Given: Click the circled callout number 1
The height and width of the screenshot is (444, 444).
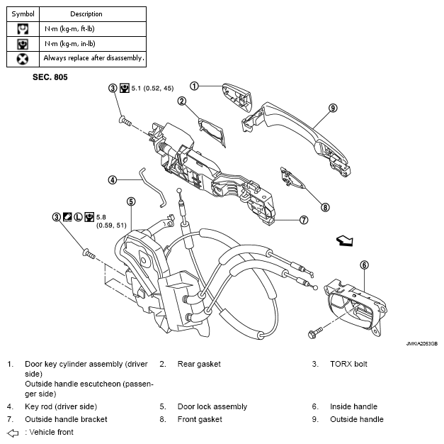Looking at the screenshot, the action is pyautogui.click(x=194, y=86).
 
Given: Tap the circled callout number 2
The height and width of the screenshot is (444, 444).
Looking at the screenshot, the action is pyautogui.click(x=181, y=101).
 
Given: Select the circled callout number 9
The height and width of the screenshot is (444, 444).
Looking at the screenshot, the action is pyautogui.click(x=333, y=108).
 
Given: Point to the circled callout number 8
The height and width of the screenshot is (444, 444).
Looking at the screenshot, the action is pyautogui.click(x=325, y=207).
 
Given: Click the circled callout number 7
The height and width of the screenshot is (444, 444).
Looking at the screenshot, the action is pyautogui.click(x=304, y=220).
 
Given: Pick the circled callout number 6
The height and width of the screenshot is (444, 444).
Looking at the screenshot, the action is pyautogui.click(x=364, y=265).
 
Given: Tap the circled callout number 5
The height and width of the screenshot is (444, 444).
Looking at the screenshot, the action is pyautogui.click(x=131, y=201).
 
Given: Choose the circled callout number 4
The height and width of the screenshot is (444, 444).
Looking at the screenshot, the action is pyautogui.click(x=113, y=180).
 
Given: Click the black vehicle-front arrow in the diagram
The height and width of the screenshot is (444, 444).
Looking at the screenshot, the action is pyautogui.click(x=345, y=240).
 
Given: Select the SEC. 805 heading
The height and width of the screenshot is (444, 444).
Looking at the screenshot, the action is pyautogui.click(x=50, y=77).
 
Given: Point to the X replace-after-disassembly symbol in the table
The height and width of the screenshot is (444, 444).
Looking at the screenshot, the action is pyautogui.click(x=23, y=59).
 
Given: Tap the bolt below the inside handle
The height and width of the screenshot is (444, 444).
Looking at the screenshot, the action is pyautogui.click(x=315, y=333).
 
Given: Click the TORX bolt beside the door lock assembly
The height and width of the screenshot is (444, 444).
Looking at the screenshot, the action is pyautogui.click(x=89, y=253).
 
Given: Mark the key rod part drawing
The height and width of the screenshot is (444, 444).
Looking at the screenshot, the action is pyautogui.click(x=152, y=188).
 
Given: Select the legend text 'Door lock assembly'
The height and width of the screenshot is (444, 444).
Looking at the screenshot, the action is pyautogui.click(x=212, y=406).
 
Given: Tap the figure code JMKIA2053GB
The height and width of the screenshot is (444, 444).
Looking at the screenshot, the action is pyautogui.click(x=421, y=343).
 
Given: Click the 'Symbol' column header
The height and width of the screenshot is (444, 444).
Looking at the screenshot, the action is pyautogui.click(x=23, y=14).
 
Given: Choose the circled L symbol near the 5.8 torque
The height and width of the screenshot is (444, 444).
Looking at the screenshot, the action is pyautogui.click(x=78, y=217).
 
